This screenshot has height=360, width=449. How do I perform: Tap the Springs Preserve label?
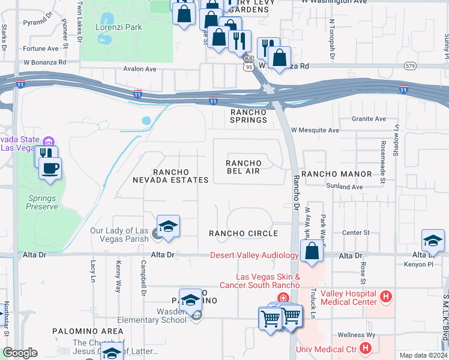click(x=42, y=202)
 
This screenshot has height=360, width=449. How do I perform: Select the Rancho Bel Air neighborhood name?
click(x=243, y=167)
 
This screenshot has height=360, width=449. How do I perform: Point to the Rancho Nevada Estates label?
click(x=172, y=176)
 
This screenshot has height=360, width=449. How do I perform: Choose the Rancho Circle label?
click(x=243, y=233)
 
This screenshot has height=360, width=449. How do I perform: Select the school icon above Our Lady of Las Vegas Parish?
click(x=169, y=227)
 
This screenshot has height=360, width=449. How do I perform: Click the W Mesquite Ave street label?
click(x=315, y=130)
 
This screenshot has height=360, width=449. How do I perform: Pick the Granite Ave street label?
click(x=369, y=119)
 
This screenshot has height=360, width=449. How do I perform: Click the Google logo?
click(x=20, y=353)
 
